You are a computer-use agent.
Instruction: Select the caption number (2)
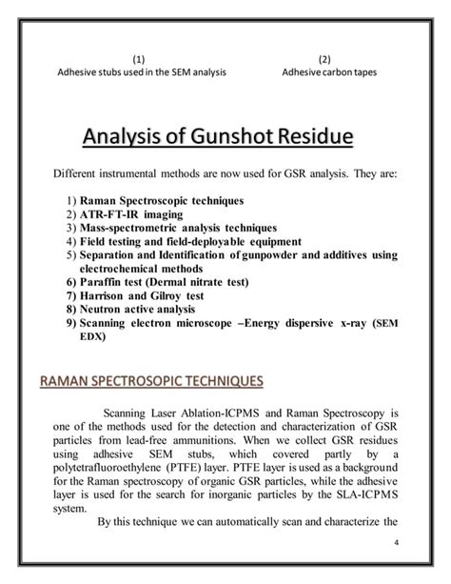tap(325, 58)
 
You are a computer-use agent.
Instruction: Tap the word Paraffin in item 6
tap(102, 283)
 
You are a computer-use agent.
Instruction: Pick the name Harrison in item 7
tap(106, 296)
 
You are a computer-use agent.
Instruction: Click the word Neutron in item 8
tap(103, 310)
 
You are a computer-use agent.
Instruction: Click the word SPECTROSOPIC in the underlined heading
tap(153, 382)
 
